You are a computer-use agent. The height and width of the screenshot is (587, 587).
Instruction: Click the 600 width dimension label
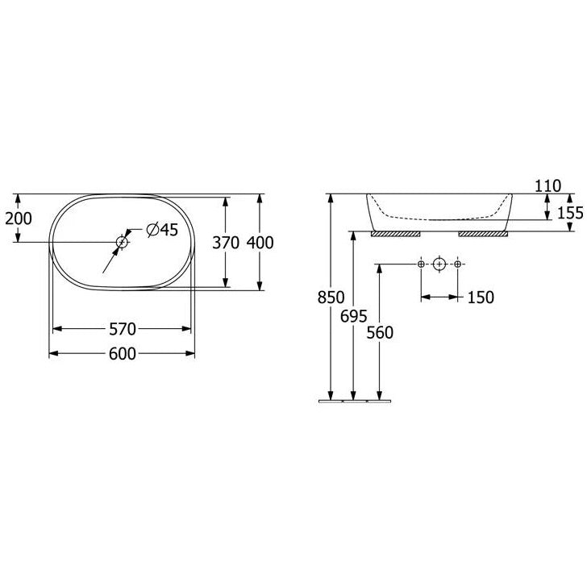click(x=122, y=354)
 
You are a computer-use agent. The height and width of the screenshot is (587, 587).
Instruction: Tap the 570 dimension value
click(x=122, y=330)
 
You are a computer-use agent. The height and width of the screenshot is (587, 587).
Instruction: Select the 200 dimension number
click(x=19, y=219)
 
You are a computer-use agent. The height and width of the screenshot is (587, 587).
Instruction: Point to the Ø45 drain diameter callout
click(x=162, y=230)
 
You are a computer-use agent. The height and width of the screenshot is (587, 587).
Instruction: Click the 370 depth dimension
click(x=226, y=243)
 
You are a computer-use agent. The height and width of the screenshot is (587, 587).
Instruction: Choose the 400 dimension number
click(x=260, y=243)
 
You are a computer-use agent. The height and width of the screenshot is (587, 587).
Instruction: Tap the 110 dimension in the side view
click(x=547, y=186)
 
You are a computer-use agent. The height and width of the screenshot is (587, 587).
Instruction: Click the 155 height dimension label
click(x=570, y=213)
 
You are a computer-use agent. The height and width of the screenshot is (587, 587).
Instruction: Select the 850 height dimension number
click(x=331, y=298)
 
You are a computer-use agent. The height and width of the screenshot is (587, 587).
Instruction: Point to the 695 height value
click(x=353, y=317)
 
